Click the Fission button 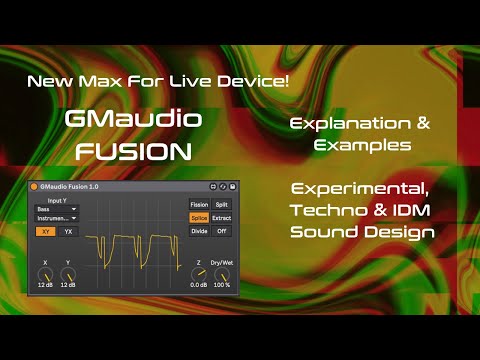[199, 204]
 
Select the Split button [222, 204]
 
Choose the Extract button [222, 217]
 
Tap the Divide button [199, 231]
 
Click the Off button [222, 231]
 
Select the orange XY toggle [45, 231]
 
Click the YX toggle [68, 231]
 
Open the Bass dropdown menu [56, 208]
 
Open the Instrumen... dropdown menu [56, 217]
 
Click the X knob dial [45, 271]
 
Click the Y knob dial [68, 271]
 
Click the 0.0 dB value [199, 285]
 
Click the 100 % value [222, 285]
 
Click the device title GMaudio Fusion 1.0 [76, 187]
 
